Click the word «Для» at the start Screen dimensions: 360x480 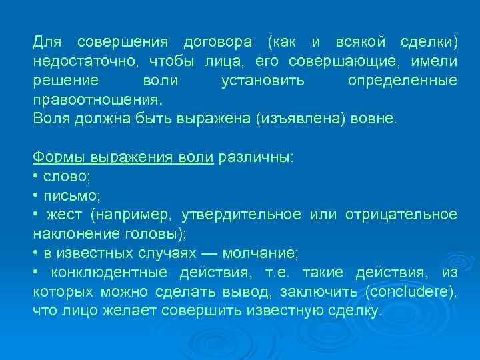coord(47,43)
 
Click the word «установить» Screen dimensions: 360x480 coord(263,81)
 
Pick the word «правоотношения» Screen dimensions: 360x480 coord(97,100)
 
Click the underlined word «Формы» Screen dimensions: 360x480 coord(59,158)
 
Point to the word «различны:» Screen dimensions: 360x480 coord(255,158)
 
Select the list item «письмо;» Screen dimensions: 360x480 coord(71,196)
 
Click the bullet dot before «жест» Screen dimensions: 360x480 coord(35,215)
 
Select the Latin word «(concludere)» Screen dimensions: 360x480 coord(411,291)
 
